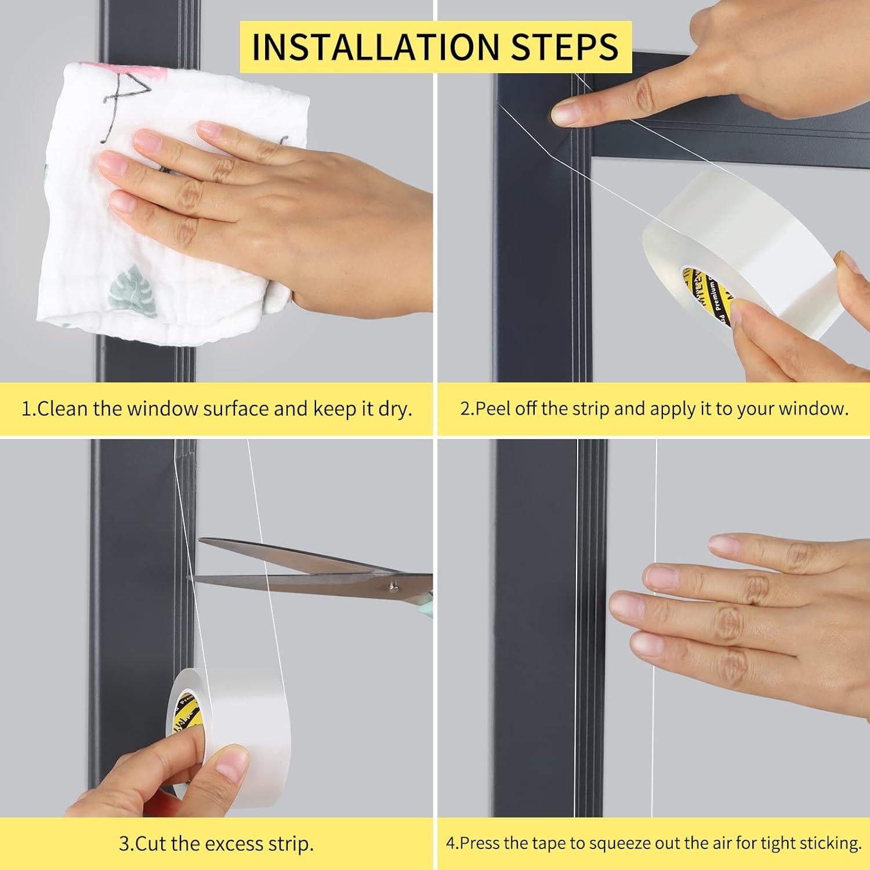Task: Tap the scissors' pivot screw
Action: tap(393, 587)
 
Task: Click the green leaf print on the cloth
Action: tap(129, 284)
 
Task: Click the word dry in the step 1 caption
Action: tap(395, 409)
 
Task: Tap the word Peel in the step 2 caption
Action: tap(494, 409)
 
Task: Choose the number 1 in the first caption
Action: tap(26, 409)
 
